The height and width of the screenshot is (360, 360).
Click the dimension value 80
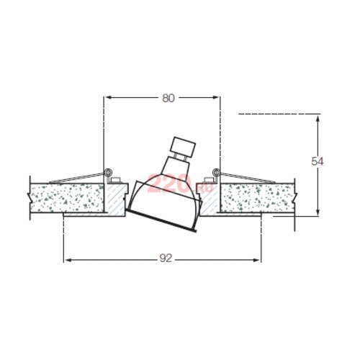(x=168, y=98)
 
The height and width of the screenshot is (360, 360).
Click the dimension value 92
(x=166, y=258)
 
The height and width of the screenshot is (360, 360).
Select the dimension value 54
(x=318, y=161)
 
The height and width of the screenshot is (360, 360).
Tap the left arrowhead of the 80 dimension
(x=109, y=97)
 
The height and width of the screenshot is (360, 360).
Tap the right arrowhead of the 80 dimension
(x=215, y=97)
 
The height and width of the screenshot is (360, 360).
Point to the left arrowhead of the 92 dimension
(x=69, y=260)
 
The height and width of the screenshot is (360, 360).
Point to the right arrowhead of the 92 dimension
(x=256, y=260)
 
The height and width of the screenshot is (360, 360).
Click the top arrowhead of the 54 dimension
(x=318, y=120)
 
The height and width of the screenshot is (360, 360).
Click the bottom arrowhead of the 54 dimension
(x=318, y=211)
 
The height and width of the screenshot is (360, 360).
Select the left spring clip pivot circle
(x=108, y=172)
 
